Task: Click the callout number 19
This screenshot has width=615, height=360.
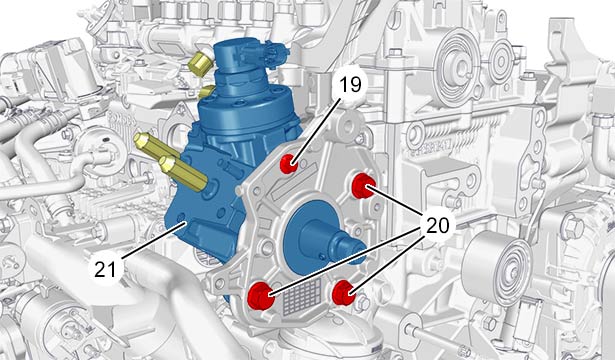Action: tap(350, 84)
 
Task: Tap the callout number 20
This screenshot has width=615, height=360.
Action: tap(437, 225)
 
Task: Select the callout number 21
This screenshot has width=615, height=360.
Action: tap(106, 269)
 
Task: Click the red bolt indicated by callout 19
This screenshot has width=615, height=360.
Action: tap(289, 164)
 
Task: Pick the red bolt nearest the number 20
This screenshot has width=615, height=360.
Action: tap(363, 186)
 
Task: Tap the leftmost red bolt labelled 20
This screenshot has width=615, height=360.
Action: tap(260, 296)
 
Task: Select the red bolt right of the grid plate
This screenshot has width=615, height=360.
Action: tap(344, 293)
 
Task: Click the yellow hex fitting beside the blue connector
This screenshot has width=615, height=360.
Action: tap(199, 64)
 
